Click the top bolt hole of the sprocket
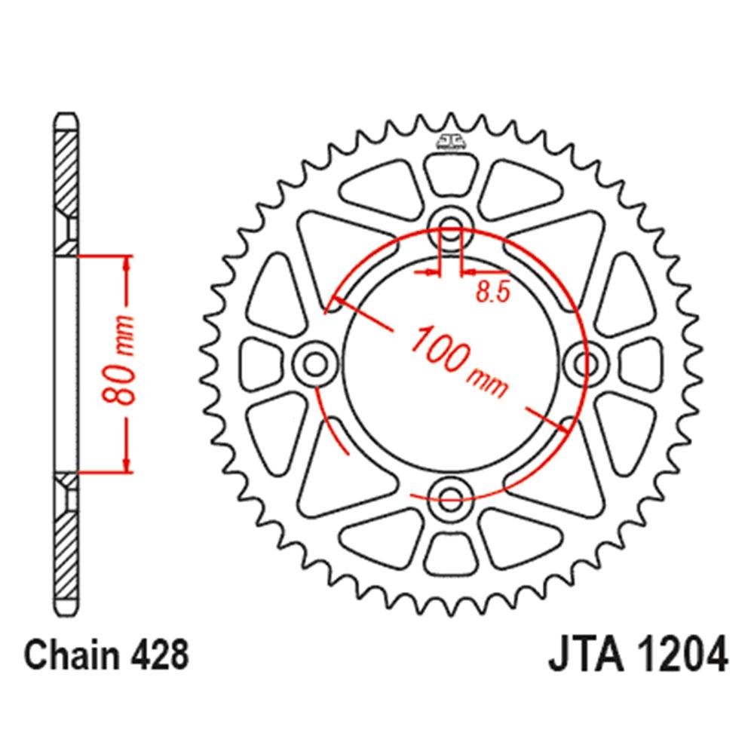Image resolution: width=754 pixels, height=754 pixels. coord(450,223)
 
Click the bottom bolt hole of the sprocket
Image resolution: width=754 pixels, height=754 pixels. coord(450,495)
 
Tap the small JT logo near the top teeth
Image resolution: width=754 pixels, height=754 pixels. coord(450,140)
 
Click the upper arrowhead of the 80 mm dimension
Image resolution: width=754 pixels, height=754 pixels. coord(127,264)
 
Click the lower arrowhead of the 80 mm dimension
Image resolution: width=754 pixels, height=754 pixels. coord(127,463)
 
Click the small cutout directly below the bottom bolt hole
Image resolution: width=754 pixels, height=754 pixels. coord(450,550)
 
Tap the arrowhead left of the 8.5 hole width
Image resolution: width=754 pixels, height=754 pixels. coord(433,271)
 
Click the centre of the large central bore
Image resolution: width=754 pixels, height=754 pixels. coord(450,360)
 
